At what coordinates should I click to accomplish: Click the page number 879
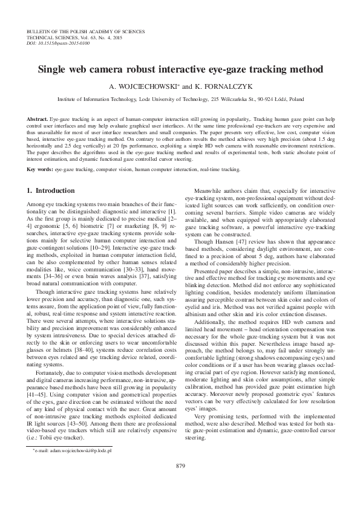[x=180, y=482]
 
